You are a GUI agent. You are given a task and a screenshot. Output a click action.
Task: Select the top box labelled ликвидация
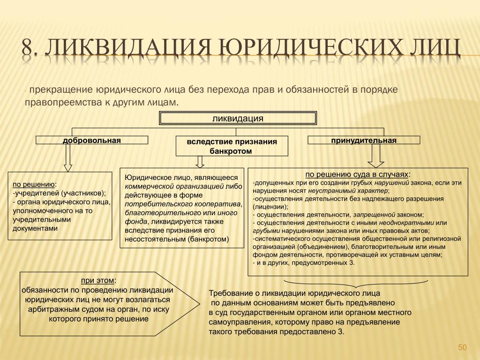coord(238,118)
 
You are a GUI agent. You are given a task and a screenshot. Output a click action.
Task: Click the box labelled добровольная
coord(92,140)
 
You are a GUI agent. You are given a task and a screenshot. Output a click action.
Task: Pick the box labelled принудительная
coord(364,140)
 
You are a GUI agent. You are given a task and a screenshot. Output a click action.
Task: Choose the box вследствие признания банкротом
coord(232,146)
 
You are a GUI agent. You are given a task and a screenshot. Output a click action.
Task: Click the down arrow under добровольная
coord(68,157)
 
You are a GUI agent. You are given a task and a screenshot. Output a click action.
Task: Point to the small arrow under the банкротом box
coord(200,162)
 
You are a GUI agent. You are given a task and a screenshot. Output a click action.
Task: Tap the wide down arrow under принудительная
coord(375,156)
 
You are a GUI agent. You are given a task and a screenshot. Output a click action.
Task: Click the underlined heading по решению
coord(34,184)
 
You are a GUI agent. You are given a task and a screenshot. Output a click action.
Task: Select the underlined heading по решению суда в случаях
coord(357,174)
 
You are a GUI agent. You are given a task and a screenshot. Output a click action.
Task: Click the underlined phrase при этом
coord(97,280)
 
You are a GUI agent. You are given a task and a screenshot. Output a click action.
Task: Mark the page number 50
coord(462,347)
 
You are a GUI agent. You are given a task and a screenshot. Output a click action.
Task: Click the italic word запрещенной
coord(374,215)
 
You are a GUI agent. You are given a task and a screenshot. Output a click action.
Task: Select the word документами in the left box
coord(35,228)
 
